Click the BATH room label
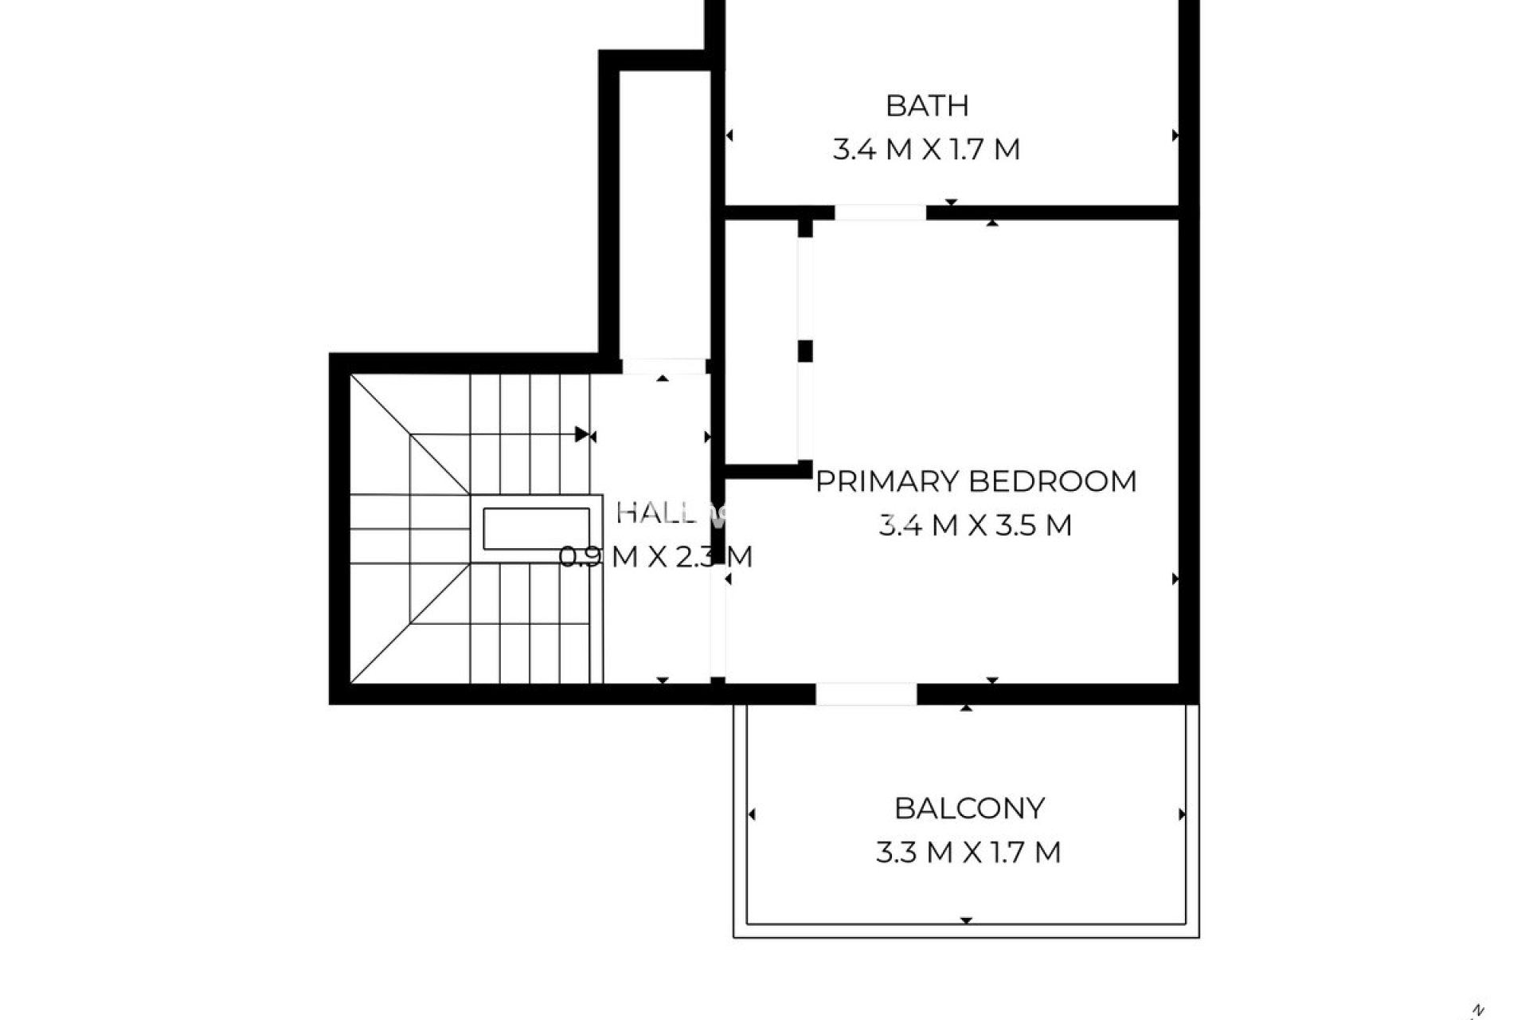tap(927, 105)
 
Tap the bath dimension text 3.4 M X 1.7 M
tap(926, 150)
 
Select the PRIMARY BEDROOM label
tap(976, 481)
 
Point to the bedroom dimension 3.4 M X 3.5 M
tap(976, 525)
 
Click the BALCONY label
tap(969, 808)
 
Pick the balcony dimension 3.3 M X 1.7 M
tap(968, 853)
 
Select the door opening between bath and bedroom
tap(880, 213)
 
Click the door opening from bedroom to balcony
tap(866, 693)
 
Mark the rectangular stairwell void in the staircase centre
tap(536, 528)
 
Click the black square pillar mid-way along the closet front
tap(805, 351)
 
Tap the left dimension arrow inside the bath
tap(729, 136)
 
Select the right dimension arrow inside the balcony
tap(1181, 814)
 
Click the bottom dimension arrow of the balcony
tap(966, 920)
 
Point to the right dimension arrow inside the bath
tap(1175, 136)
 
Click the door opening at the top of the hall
tap(663, 367)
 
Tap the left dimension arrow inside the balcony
tap(752, 814)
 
